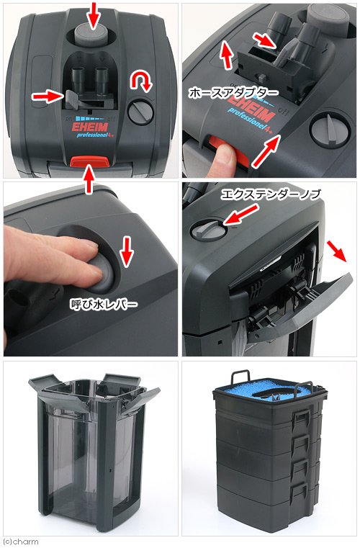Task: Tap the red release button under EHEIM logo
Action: [x=90, y=161]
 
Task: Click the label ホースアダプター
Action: [x=233, y=93]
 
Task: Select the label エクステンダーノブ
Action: [x=271, y=194]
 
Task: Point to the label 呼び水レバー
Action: [x=104, y=304]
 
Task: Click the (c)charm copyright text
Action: [x=19, y=542]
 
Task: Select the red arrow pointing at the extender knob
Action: [x=240, y=215]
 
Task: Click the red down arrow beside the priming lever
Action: [x=127, y=251]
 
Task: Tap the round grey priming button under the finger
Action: [x=102, y=274]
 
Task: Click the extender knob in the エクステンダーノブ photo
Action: [x=207, y=230]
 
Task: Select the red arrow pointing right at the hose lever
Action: [x=48, y=96]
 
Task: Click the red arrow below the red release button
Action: [x=90, y=179]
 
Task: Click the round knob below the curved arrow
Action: [x=141, y=112]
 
